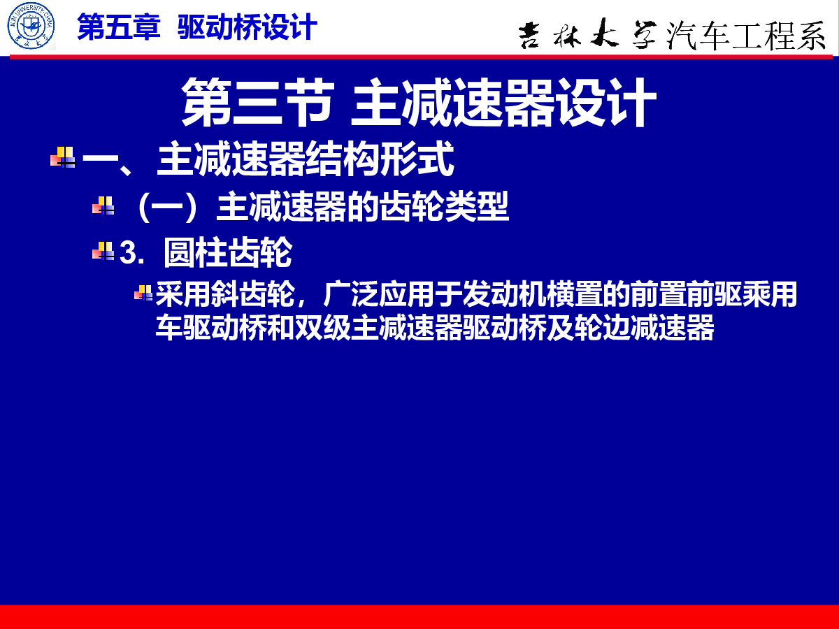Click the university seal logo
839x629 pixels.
click(31, 26)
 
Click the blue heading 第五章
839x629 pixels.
click(118, 27)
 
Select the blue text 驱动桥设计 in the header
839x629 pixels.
click(248, 27)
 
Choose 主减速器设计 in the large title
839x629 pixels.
click(503, 102)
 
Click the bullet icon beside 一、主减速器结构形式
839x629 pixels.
click(63, 157)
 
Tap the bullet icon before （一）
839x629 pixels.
click(103, 205)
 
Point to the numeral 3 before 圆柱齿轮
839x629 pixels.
click(129, 252)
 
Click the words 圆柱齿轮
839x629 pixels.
click(228, 252)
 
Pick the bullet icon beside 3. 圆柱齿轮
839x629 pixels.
click(103, 251)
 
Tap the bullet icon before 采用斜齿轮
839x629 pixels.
click(144, 294)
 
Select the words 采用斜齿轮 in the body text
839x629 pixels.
click(225, 294)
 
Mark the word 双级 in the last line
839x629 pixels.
click(322, 327)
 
